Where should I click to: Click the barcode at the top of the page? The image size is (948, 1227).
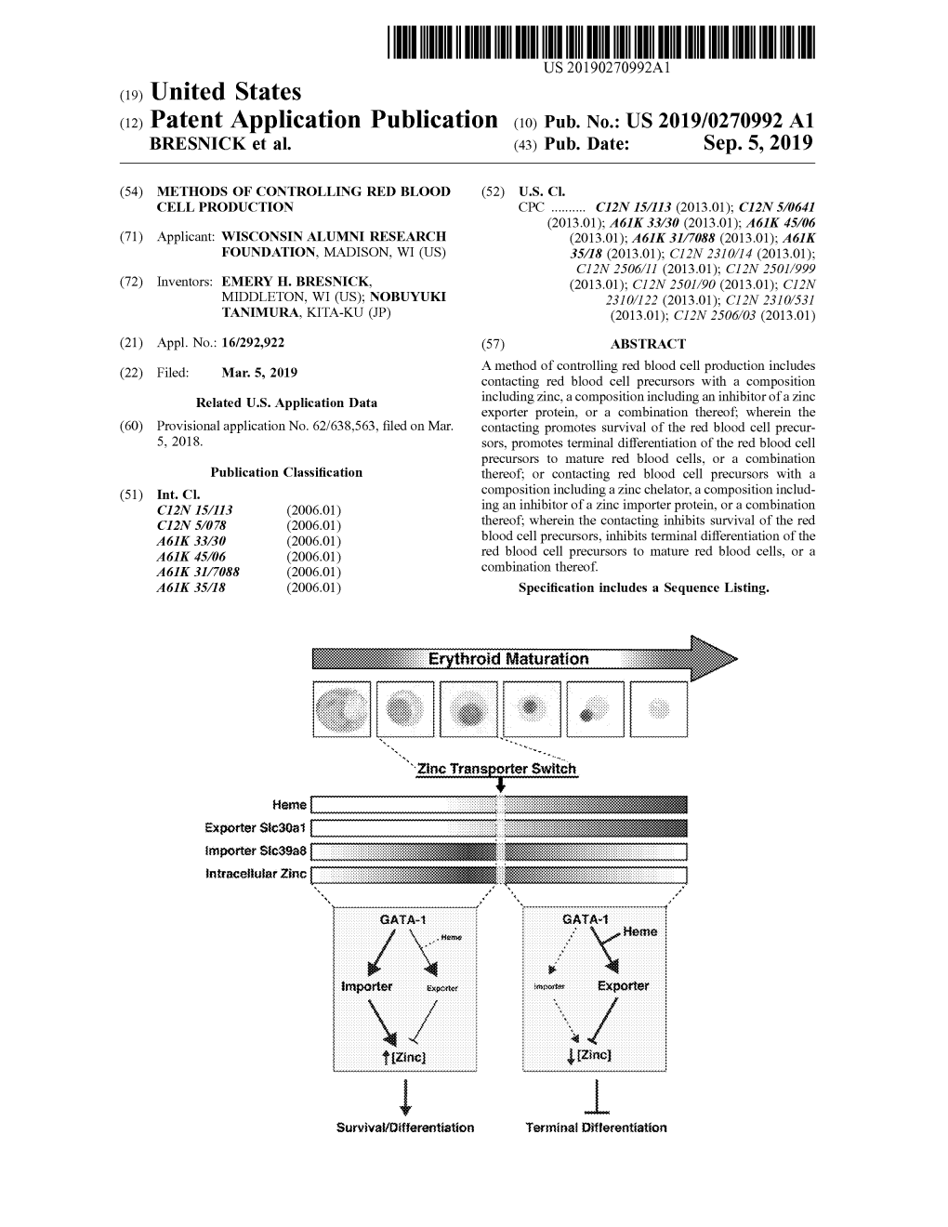[600, 42]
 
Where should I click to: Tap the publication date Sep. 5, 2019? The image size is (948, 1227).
[757, 143]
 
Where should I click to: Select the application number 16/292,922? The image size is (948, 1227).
[253, 343]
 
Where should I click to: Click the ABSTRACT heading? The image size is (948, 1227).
[648, 344]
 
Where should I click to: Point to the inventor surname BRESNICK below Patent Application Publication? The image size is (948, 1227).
[198, 144]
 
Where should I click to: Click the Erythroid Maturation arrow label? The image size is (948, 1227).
[508, 659]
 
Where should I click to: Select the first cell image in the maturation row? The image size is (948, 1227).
[342, 709]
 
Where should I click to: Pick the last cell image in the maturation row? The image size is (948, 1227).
[659, 709]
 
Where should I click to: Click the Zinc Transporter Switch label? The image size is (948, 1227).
[496, 769]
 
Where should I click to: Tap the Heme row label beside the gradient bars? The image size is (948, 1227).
[289, 805]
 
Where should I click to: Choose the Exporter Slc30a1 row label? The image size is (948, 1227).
[256, 828]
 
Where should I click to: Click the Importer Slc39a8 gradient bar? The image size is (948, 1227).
[499, 851]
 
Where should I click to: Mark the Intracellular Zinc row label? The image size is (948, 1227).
[256, 874]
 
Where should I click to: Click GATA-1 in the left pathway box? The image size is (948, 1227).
[402, 920]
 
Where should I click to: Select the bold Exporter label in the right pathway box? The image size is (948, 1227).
[624, 986]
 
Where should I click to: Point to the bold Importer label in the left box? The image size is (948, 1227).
[366, 986]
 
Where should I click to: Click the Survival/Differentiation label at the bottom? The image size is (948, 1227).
[405, 1128]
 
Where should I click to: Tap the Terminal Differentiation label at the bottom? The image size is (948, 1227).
[597, 1128]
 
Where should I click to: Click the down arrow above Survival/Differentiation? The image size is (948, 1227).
[405, 1097]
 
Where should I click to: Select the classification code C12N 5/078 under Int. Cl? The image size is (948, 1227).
[191, 526]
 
